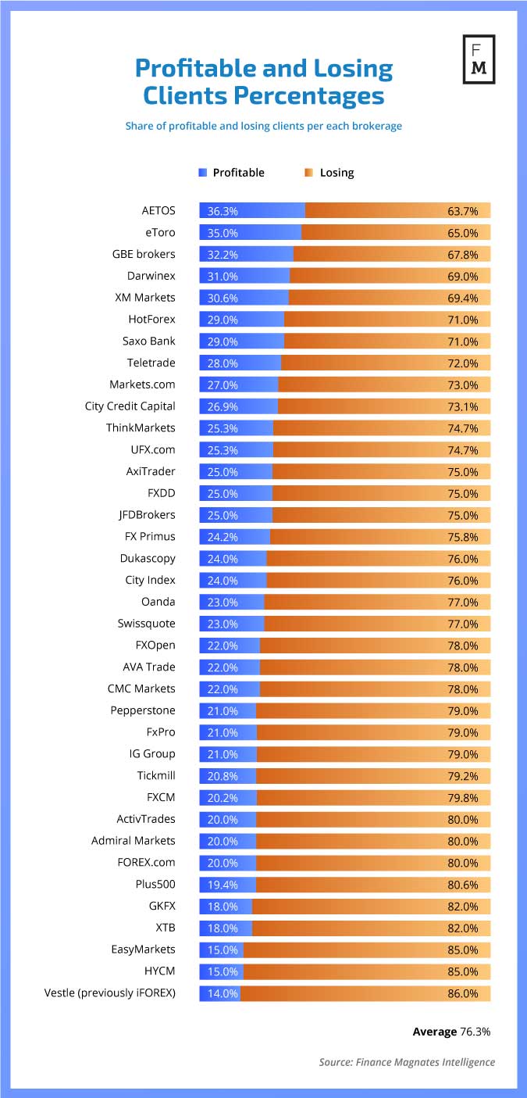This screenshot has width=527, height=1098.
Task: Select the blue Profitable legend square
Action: tap(203, 173)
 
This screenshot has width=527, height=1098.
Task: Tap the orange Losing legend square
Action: tap(309, 173)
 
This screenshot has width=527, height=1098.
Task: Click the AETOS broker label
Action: tap(158, 211)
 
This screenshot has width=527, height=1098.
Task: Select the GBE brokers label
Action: tap(144, 254)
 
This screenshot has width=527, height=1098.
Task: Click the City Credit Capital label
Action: tap(130, 406)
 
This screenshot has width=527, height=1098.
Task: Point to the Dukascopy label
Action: tap(148, 559)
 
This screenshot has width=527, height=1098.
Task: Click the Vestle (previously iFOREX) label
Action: tap(110, 993)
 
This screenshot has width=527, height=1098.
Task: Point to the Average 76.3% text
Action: tap(451, 1032)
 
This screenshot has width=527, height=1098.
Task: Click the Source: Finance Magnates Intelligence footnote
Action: tap(407, 1062)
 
